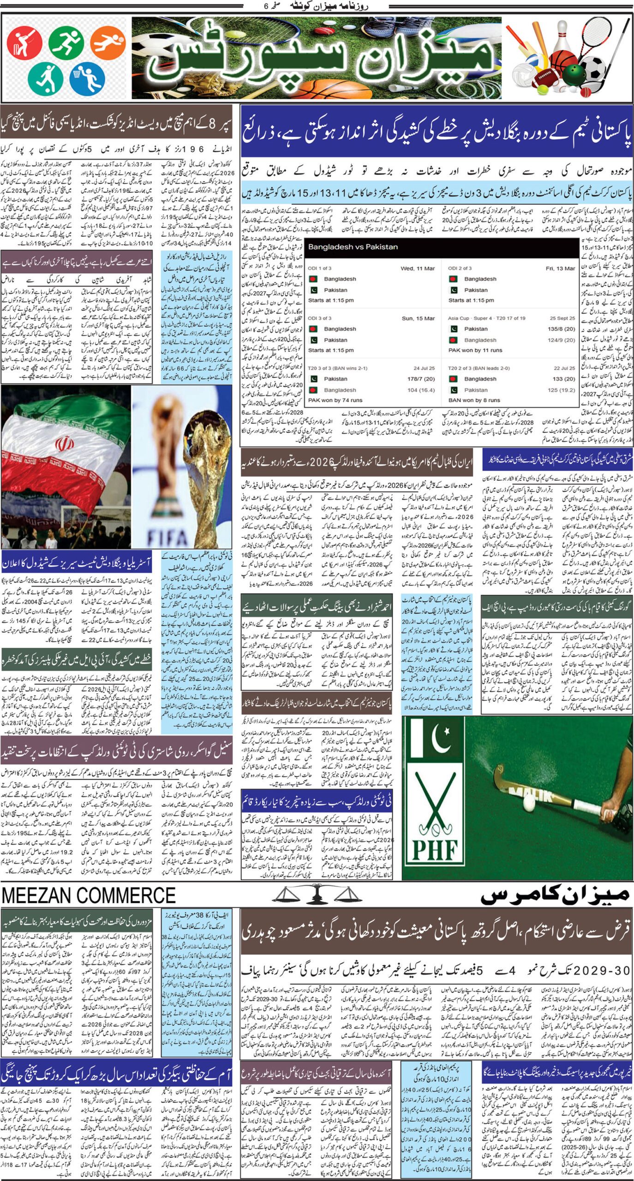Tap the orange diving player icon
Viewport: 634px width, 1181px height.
[x=108, y=42]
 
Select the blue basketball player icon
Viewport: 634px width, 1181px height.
[x=87, y=78]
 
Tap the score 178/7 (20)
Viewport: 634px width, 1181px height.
[x=421, y=379]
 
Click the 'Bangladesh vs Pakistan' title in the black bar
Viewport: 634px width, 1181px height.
[x=353, y=247]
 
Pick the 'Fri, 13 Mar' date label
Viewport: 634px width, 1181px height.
[x=560, y=268]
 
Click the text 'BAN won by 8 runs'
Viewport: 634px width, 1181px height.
[x=474, y=400]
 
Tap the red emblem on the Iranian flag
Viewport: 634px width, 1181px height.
[x=64, y=445]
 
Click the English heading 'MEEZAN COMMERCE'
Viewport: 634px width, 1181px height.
[x=89, y=895]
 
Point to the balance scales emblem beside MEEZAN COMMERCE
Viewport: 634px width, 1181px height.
[x=316, y=895]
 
